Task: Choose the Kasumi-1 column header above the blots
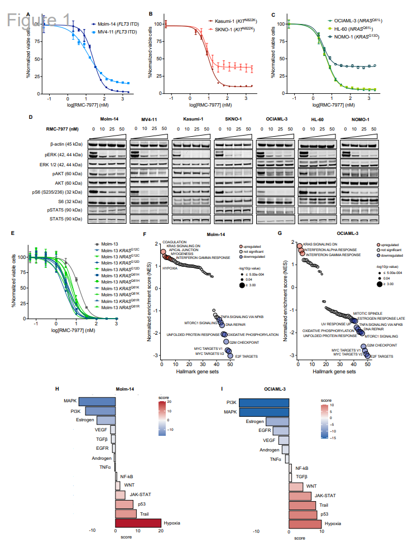pos(192,119)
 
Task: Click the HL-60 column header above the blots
pos(318,119)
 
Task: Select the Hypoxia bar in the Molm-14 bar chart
pos(138,523)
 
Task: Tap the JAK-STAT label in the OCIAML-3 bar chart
pos(325,495)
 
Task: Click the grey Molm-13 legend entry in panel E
pos(108,244)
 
